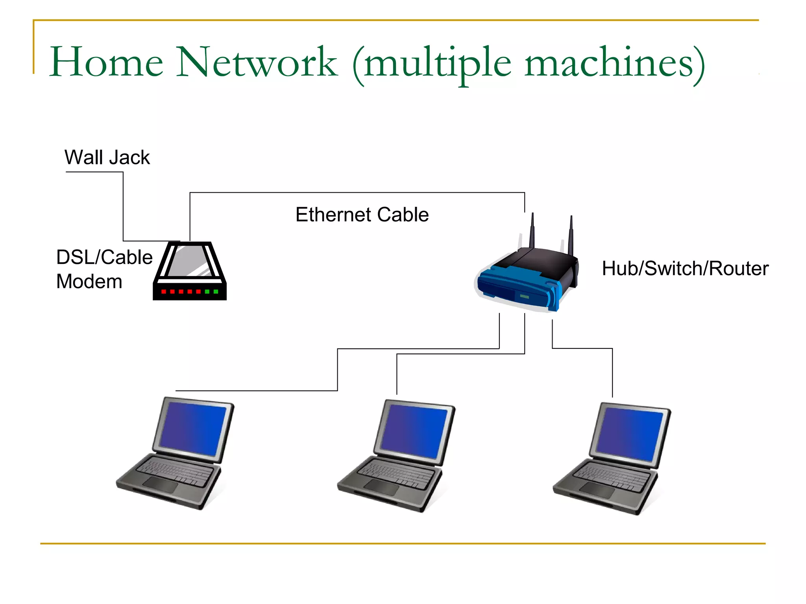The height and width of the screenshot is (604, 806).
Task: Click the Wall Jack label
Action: point(107,158)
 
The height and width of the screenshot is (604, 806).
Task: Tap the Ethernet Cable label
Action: point(362,215)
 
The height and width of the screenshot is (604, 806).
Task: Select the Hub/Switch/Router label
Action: point(685,269)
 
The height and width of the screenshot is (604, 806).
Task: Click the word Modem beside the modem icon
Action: point(89,282)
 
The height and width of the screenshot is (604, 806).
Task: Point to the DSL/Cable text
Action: point(104,257)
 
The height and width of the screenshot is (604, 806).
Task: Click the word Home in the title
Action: point(106,62)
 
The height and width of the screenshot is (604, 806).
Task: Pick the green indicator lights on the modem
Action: point(211,291)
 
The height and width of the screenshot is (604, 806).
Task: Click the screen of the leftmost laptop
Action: point(193,429)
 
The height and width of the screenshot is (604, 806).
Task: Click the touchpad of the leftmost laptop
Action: point(161,485)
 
